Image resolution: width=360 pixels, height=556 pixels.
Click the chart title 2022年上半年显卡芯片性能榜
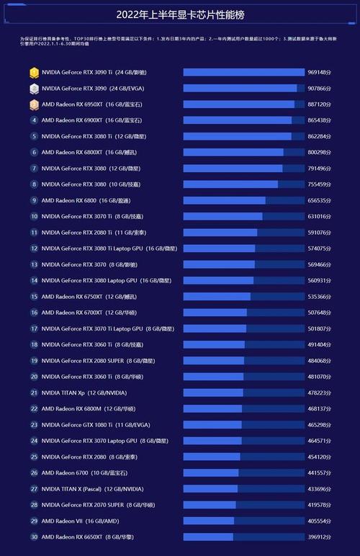(x=180, y=14)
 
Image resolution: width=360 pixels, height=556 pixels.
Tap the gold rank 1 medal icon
(x=34, y=72)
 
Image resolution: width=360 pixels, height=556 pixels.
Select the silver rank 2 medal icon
(x=34, y=88)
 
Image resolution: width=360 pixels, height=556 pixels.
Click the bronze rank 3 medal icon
(x=34, y=104)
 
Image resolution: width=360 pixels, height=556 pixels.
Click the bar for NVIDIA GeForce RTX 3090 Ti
(x=243, y=72)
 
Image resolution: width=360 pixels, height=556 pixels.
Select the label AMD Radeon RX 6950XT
(x=91, y=104)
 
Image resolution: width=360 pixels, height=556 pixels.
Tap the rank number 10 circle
(x=34, y=216)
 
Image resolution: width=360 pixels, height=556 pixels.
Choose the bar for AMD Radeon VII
(x=243, y=521)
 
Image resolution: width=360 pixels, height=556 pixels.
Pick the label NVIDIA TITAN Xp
(x=75, y=393)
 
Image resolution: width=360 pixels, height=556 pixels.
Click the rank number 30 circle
(x=34, y=537)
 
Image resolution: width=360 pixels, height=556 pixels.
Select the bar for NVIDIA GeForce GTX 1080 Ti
(x=243, y=425)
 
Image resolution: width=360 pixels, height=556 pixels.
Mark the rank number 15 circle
(x=34, y=296)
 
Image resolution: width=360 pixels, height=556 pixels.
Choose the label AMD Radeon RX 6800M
(x=93, y=408)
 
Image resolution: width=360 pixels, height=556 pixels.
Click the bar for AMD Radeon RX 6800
(x=243, y=200)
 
